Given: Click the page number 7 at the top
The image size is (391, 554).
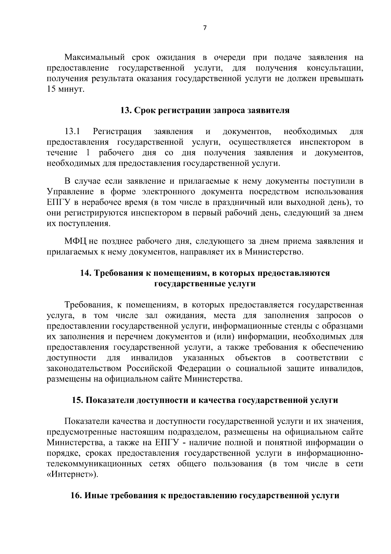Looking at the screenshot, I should (x=205, y=28).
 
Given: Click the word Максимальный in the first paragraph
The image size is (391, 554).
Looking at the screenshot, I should (x=94, y=58).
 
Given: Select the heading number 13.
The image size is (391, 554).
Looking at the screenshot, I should (x=125, y=111).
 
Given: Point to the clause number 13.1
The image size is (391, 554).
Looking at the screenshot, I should (x=72, y=132).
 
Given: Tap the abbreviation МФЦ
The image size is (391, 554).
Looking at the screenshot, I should (x=75, y=242).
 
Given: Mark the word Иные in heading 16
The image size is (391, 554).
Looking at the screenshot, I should (x=97, y=496).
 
